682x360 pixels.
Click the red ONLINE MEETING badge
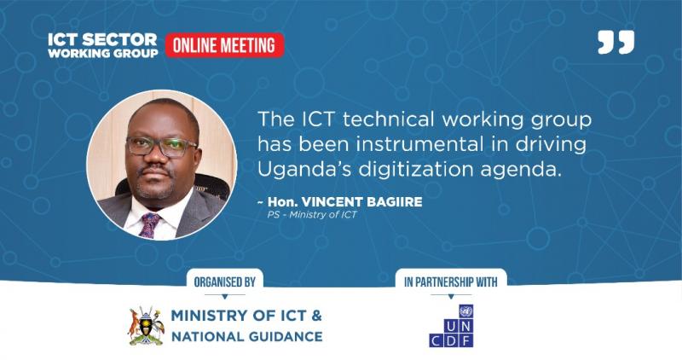pos(224,45)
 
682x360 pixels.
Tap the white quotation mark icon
pos(616,42)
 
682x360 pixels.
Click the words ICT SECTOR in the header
pos(102,39)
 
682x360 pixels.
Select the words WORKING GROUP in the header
pos(103,53)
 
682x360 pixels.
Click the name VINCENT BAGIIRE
pos(361,202)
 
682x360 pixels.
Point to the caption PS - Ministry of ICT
pos(312,215)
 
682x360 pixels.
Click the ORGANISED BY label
pos(224,282)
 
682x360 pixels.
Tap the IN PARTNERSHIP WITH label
pos(451,282)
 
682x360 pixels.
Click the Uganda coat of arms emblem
pos(147,326)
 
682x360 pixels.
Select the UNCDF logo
pos(451,326)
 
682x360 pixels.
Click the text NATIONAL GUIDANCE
pos(247,336)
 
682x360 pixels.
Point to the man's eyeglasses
pos(162,147)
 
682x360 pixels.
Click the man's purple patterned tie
pos(149,224)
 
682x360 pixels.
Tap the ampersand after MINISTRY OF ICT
pos(316,315)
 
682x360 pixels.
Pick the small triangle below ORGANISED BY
pos(225,296)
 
